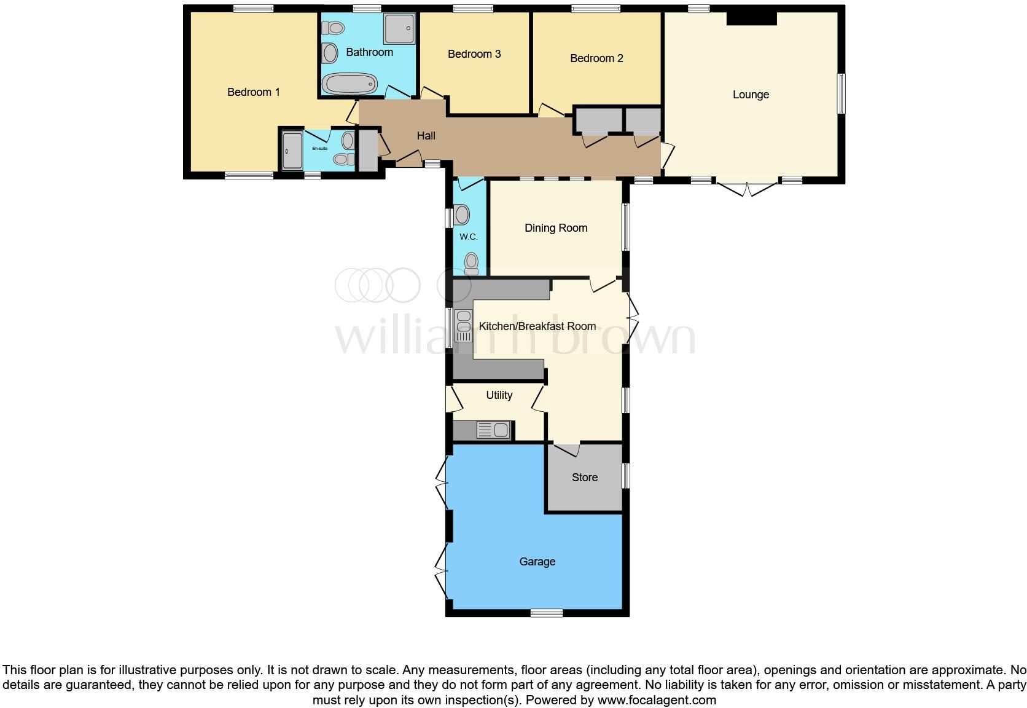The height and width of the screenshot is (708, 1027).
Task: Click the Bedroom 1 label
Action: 253,92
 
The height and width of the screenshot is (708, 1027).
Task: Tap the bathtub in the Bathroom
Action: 350,84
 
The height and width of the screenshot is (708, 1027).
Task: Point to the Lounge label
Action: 751,95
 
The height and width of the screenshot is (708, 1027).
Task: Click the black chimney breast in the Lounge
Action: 751,18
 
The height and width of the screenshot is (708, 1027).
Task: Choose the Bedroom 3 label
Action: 474,54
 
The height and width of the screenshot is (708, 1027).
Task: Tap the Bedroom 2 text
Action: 596,58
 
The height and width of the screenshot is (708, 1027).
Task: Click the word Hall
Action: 426,136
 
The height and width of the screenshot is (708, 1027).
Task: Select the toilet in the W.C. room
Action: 471,264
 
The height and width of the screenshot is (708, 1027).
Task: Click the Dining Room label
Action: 556,228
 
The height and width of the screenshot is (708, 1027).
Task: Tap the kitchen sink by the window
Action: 463,326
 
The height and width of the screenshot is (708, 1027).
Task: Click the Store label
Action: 584,478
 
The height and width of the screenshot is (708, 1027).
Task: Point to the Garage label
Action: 537,562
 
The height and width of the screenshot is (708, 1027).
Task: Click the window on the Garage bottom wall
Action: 546,612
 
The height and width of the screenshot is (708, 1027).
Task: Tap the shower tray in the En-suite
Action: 292,151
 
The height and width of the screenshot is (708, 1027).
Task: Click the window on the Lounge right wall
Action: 842,93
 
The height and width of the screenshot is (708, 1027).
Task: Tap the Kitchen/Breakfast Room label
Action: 537,326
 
